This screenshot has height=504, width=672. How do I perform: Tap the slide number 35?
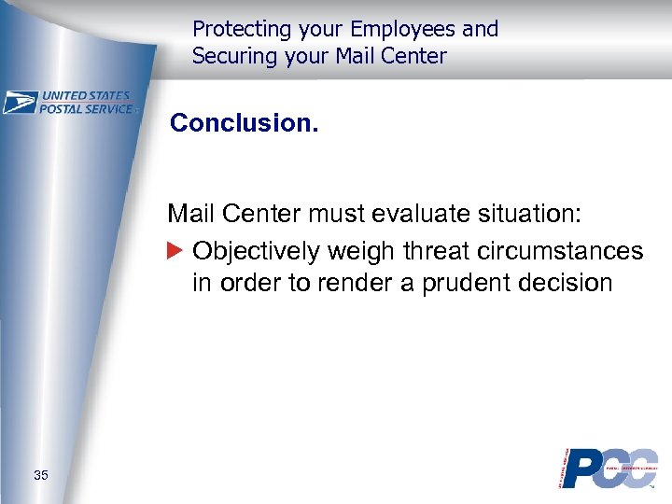[41, 476]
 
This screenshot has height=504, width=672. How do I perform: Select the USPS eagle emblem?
[20, 103]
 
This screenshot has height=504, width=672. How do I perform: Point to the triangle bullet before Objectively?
[176, 251]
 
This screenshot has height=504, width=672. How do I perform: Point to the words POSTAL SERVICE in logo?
[86, 108]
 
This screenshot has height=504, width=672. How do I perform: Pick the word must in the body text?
[334, 215]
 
